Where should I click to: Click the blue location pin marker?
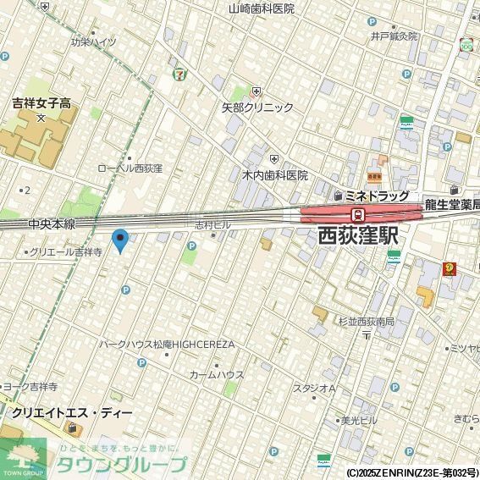pyautogui.click(x=120, y=240)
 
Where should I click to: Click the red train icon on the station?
pyautogui.click(x=358, y=214)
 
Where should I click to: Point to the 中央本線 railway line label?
pyautogui.click(x=51, y=224)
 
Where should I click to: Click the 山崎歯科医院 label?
pyautogui.click(x=262, y=8)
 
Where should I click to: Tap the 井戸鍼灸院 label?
pyautogui.click(x=394, y=36)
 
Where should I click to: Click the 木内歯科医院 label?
pyautogui.click(x=275, y=175)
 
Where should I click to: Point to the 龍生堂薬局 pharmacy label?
pyautogui.click(x=453, y=204)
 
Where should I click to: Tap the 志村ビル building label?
pyautogui.click(x=212, y=225)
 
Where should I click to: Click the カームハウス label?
pyautogui.click(x=217, y=374)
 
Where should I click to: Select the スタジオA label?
pyautogui.click(x=314, y=389)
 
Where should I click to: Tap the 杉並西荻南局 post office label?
pyautogui.click(x=367, y=322)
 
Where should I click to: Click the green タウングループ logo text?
pyautogui.click(x=121, y=464)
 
